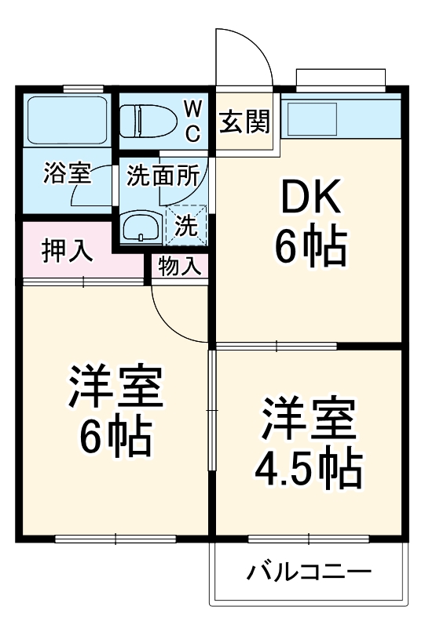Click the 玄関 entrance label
[x=244, y=122]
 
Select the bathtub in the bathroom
[x=66, y=120]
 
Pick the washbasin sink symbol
[x=141, y=227]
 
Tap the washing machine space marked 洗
[x=187, y=225]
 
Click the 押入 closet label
[x=68, y=252]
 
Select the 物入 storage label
[x=179, y=266]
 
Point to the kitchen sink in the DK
[x=313, y=121]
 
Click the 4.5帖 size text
[x=309, y=468]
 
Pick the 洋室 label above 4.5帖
[x=309, y=420]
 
